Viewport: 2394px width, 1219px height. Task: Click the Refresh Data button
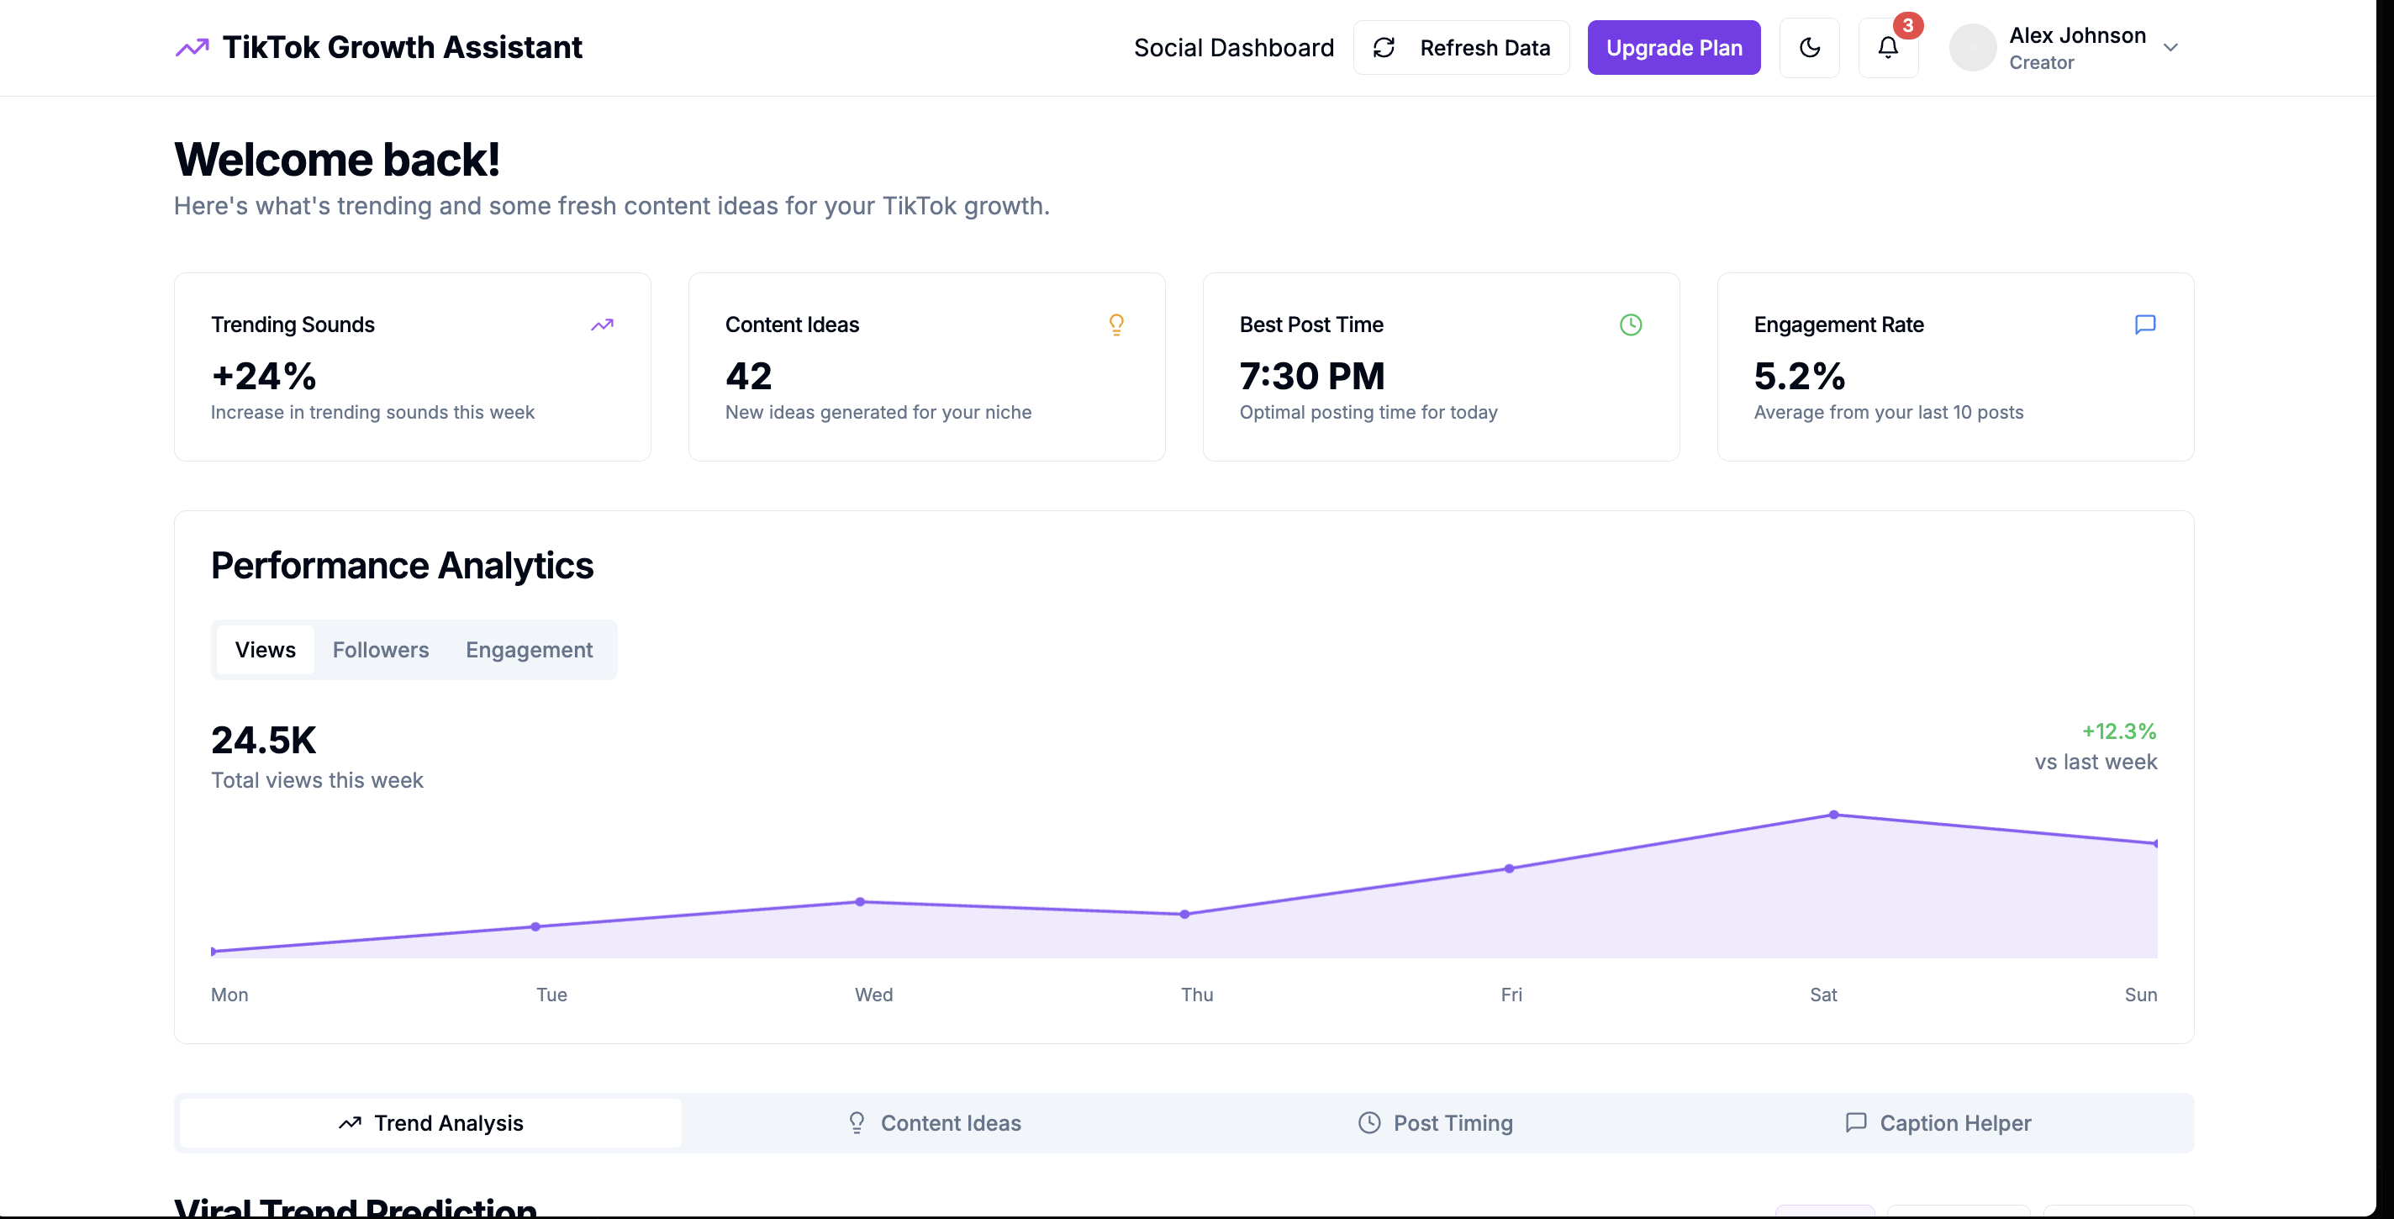coord(1461,47)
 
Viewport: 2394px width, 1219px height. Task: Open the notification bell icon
coord(1887,47)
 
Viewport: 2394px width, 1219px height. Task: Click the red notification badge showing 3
coord(1908,25)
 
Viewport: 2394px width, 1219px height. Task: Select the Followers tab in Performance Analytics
coord(381,650)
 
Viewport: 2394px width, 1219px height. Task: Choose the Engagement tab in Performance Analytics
coord(529,650)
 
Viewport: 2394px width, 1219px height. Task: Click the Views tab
coord(265,650)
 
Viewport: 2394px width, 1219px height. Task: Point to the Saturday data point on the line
coord(1833,815)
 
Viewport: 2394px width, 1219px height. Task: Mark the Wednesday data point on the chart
coord(861,901)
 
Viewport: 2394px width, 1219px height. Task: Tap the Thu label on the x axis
coord(1197,995)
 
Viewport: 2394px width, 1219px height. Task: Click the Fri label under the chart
coord(1511,995)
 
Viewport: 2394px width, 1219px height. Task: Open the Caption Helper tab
coord(1938,1122)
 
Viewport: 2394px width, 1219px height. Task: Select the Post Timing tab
coord(1435,1122)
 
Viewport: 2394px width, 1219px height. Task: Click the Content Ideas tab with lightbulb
coord(933,1122)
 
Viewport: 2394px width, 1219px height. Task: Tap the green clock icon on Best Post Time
coord(1631,325)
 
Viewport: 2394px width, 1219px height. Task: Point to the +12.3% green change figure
coord(2119,731)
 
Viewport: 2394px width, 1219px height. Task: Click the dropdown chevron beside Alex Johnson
coord(2171,47)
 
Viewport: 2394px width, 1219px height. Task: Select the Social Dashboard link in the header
coord(1234,47)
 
